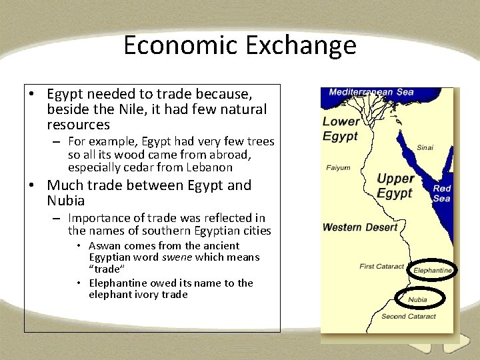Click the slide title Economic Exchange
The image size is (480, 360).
coord(240,45)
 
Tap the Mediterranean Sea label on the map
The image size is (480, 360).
coord(371,93)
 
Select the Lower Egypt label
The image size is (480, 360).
coord(341,129)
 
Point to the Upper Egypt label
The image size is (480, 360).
coord(395,185)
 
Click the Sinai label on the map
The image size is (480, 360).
coord(425,147)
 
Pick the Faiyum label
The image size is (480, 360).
coord(338,168)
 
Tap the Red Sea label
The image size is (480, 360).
coord(441,193)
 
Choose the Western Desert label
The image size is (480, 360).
coord(360,227)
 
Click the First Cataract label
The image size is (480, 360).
coord(381,267)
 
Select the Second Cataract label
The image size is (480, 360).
coord(409,317)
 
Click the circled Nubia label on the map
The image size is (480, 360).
coord(417,299)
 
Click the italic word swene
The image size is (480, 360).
coord(179,257)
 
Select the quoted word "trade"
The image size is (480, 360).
coord(105,269)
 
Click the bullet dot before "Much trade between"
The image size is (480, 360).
coord(31,185)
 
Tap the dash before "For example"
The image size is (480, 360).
coord(57,141)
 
